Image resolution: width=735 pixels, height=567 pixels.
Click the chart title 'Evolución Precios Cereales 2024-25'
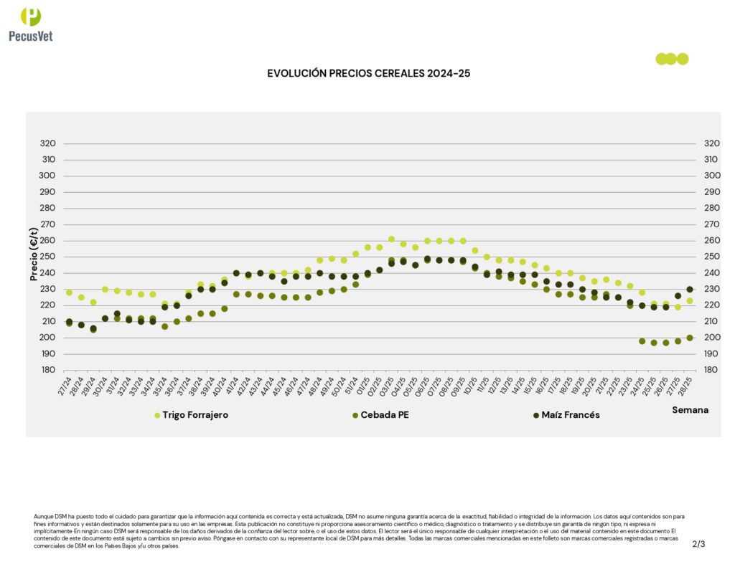coord(368,73)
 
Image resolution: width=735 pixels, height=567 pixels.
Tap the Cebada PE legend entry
coord(385,415)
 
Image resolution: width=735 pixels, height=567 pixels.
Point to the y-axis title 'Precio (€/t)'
coord(33,254)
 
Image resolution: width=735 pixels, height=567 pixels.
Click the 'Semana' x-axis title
coord(690,410)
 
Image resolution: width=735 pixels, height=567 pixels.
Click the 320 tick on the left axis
coord(47,143)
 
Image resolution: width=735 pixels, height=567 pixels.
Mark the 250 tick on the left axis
coord(47,257)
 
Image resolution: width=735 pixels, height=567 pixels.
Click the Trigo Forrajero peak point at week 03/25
coord(391,239)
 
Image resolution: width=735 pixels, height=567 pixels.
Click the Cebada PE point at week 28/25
coord(690,338)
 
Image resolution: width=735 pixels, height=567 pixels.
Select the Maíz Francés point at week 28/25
coord(690,290)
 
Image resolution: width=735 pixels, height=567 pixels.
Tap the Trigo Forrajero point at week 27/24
coord(69,292)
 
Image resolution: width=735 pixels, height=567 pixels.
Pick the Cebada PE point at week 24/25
coord(642,341)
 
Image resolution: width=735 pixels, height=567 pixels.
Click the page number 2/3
coord(698,544)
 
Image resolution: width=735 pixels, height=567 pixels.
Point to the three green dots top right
coord(672,59)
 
